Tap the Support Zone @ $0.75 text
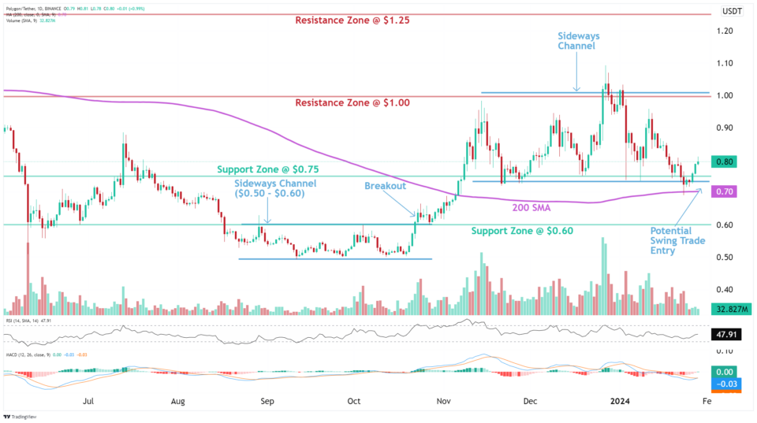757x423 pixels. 268,169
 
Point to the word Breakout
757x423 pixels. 385,186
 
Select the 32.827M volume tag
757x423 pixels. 729,310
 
